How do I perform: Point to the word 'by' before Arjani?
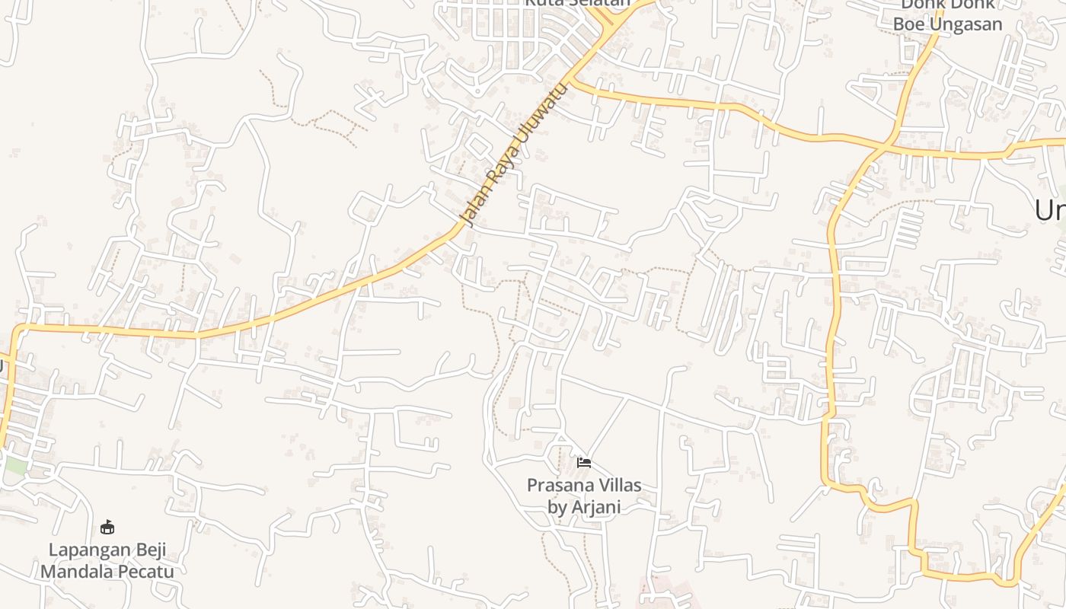click(x=557, y=508)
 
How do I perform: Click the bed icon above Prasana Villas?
click(x=584, y=462)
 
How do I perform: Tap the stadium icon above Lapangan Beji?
click(x=107, y=527)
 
